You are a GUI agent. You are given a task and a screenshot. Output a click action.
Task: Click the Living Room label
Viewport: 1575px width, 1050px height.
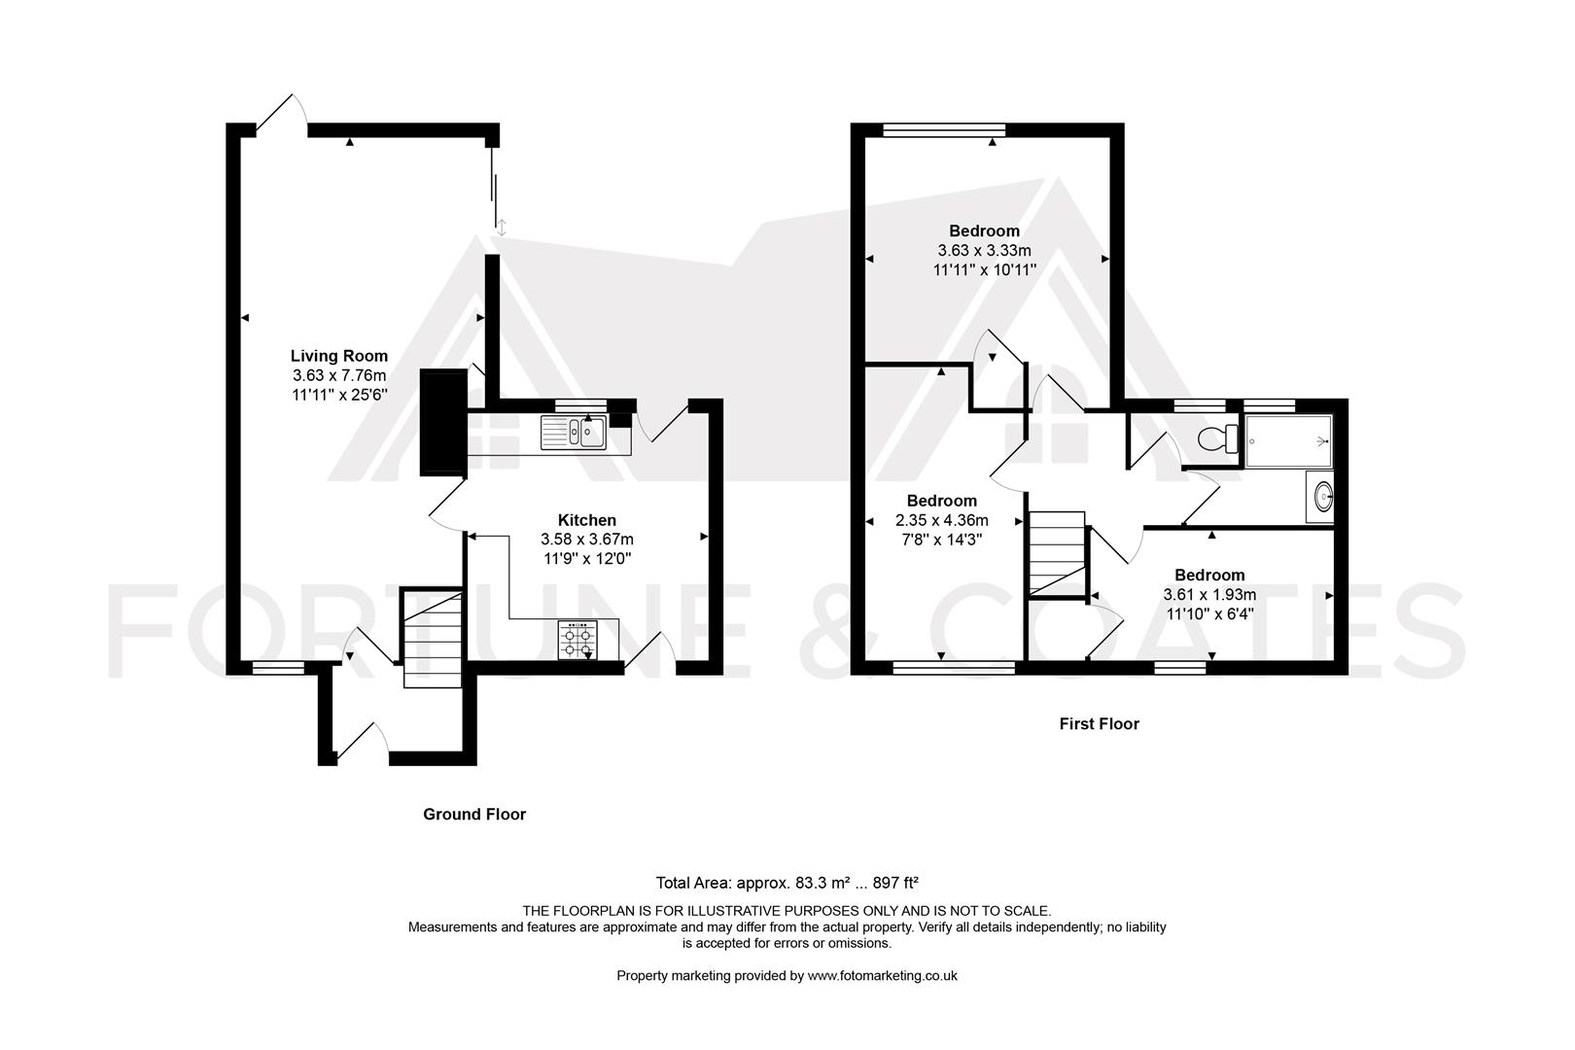pos(338,356)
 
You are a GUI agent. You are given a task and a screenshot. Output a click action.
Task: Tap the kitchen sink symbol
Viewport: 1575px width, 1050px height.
pos(574,432)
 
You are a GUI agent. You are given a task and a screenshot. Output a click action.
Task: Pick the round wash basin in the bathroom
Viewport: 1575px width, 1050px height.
pos(1322,498)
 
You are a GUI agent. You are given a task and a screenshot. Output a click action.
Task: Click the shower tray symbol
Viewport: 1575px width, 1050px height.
pos(1288,441)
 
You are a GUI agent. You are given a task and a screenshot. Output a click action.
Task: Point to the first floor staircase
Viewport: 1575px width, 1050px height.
pos(1056,554)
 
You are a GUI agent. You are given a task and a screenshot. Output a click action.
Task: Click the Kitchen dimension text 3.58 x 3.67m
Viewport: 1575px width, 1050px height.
pos(586,539)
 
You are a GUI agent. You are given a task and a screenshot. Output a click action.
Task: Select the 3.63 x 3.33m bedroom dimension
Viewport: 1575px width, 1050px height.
pos(984,250)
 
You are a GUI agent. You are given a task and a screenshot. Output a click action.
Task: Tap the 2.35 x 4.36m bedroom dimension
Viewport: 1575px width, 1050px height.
pos(941,520)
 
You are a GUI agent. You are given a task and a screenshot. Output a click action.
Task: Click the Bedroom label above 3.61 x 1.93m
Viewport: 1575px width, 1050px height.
pos(1208,575)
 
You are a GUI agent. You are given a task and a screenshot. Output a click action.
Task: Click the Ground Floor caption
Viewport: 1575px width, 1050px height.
pos(473,814)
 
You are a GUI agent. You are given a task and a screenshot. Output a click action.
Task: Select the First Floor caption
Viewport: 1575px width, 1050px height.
pos(1099,723)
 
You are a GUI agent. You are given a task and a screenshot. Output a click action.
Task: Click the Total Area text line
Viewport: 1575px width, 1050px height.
pos(787,883)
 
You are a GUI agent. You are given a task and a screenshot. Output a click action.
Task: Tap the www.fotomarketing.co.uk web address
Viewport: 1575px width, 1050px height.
pos(882,975)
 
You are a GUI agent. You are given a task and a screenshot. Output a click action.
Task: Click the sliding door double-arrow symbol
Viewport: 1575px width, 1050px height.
pos(502,227)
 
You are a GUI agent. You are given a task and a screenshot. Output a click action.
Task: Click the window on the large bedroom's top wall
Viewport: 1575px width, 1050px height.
pos(943,128)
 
